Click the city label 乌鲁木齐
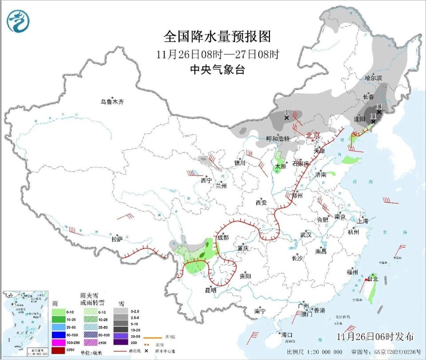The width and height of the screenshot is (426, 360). [x=112, y=102]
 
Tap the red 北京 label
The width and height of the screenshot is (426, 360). [x=313, y=135]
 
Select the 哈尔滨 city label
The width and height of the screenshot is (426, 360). [x=373, y=78]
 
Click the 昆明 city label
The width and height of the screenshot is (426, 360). [x=210, y=290]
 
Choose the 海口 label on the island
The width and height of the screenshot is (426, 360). [x=287, y=334]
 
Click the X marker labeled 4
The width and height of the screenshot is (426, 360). [x=287, y=118]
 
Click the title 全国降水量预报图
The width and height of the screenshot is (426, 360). [x=217, y=36]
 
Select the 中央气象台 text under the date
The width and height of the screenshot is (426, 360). [x=217, y=70]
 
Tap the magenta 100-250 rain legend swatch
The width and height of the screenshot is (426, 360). [x=60, y=343]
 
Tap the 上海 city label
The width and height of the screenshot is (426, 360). [x=363, y=220]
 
